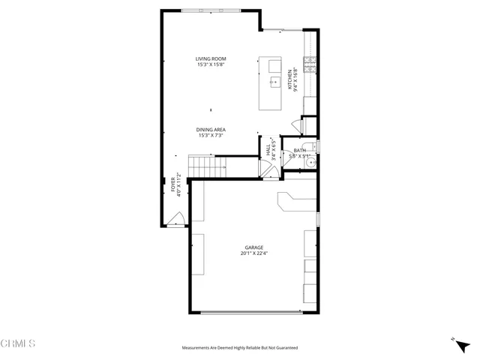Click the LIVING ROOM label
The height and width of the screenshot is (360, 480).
point(211,58)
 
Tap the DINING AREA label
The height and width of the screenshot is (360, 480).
point(211,129)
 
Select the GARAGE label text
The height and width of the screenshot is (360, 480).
point(253,247)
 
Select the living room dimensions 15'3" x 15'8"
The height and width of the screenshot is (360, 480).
point(211,64)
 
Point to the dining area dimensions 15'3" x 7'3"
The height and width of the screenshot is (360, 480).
point(211,135)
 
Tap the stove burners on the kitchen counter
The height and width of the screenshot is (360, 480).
point(308,61)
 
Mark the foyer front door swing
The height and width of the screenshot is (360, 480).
point(177,218)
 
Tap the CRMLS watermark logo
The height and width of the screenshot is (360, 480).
point(18,343)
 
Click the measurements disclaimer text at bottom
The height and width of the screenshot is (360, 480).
point(239,347)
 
